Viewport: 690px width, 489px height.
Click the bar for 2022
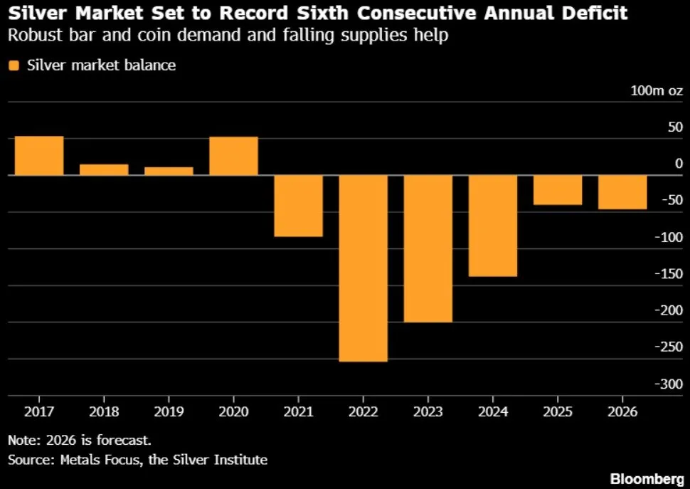tap(363, 268)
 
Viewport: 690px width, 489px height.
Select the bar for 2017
tap(39, 156)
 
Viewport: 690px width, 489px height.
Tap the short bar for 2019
tap(169, 172)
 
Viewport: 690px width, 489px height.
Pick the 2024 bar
tap(493, 226)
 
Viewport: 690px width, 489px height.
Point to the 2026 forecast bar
tap(622, 192)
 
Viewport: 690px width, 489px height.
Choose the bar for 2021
tap(298, 206)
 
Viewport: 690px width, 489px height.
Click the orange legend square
tap(14, 65)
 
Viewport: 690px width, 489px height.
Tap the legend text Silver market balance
tap(101, 65)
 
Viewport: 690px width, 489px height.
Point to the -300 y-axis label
tap(669, 384)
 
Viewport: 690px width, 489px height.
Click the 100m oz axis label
tap(657, 90)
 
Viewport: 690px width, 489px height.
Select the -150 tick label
tap(669, 274)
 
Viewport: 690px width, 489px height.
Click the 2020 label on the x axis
tap(233, 411)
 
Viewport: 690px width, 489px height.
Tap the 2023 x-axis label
tap(428, 411)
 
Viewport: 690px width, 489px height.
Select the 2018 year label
tap(104, 411)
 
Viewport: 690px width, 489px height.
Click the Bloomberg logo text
tap(647, 478)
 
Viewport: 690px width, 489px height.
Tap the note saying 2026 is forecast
tap(80, 440)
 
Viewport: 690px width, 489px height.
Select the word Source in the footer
tap(32, 460)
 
